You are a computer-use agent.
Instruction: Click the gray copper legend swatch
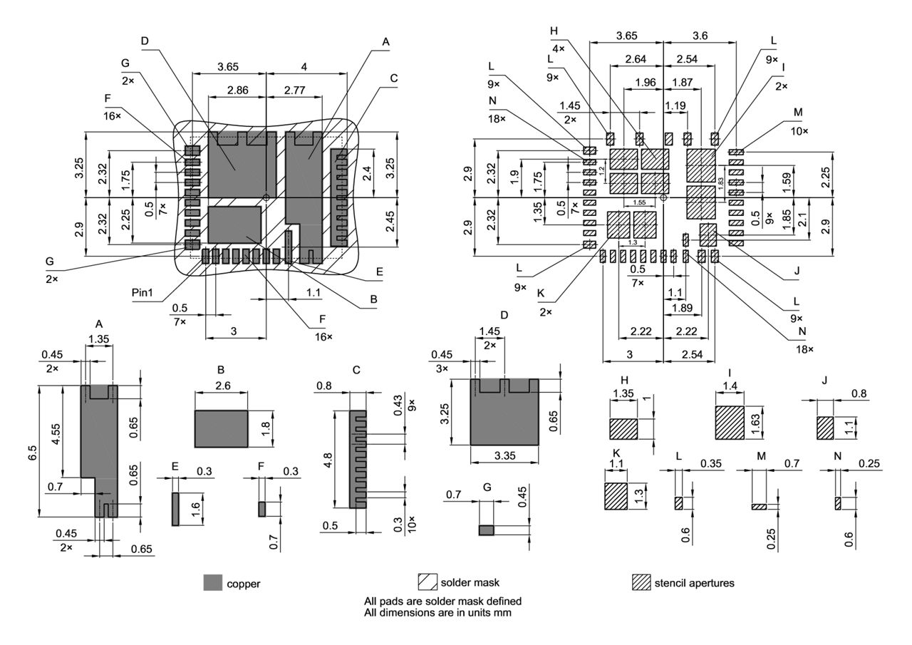click(x=213, y=582)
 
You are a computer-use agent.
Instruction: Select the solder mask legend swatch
click(x=427, y=582)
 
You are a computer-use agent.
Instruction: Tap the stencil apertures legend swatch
click(x=642, y=582)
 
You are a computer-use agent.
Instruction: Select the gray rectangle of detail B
click(x=221, y=428)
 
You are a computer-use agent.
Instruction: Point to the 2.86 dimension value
click(x=237, y=91)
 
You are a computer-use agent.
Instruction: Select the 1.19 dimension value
click(x=675, y=105)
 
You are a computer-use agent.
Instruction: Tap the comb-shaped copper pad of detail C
click(x=358, y=459)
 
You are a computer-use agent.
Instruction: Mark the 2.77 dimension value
click(x=295, y=91)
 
